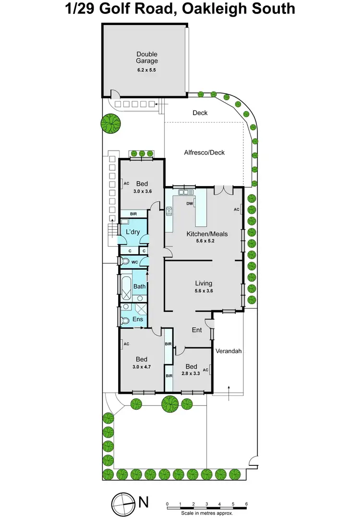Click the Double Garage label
point(147,58)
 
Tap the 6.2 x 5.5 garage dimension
point(147,70)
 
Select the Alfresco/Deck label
point(204,153)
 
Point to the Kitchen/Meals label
point(207,234)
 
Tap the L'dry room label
point(132,232)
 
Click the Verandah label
point(228,351)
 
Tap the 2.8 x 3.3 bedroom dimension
point(190,373)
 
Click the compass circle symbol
point(123,504)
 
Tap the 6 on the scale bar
point(246,504)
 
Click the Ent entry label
point(197,330)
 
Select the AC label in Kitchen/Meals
point(237,210)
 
